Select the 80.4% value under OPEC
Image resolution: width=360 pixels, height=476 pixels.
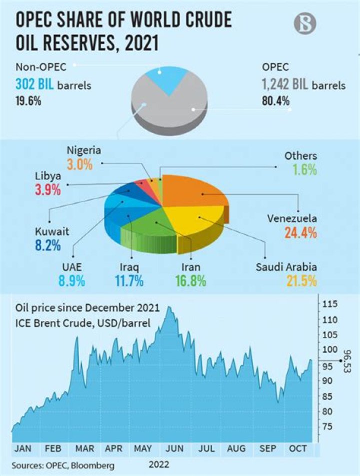coord(276,101)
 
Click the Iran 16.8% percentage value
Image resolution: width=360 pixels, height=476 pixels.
coord(191,280)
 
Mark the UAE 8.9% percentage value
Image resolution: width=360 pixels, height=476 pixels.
coord(72,280)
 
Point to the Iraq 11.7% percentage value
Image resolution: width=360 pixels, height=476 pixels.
coord(129,280)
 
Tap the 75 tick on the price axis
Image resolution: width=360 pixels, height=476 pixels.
coord(328,426)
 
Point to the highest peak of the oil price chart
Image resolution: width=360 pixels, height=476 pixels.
coord(169,307)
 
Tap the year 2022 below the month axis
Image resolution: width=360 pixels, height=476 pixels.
coord(159,464)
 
